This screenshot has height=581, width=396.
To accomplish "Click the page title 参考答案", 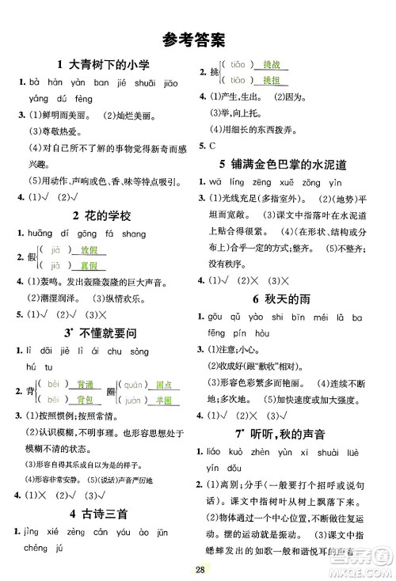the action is (x=197, y=37).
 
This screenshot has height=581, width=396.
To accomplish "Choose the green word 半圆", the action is (x=164, y=401).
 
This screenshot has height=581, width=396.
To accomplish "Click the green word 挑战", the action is (x=272, y=66).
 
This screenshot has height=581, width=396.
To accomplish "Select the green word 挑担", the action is (x=272, y=81).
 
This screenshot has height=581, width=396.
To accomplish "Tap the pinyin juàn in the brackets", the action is (x=135, y=401).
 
